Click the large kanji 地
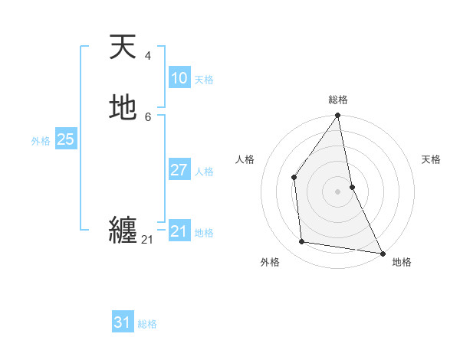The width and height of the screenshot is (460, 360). pos(123,108)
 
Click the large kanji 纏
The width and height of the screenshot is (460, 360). pos(123,230)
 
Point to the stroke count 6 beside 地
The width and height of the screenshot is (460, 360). pos(147,116)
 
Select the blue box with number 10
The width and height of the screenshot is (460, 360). pos(179,78)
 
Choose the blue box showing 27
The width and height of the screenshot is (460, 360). pos(179,170)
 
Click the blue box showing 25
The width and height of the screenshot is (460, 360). pos(65,139)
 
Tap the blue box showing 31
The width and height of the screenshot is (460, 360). pos(123,322)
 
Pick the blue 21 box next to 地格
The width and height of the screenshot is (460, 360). pos(179,231)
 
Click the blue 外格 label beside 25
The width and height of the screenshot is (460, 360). pos(41,141)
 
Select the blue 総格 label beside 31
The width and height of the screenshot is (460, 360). pos(147,324)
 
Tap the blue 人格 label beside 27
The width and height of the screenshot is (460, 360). pos(204,172)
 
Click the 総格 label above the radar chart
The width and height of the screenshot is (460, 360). pos(337,100)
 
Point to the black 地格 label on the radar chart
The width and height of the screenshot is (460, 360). pos(402,262)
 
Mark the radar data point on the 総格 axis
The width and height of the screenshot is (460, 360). pos(337,116)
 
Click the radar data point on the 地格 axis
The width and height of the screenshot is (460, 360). pos(382,252)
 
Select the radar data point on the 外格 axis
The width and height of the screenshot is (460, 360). pos(302,242)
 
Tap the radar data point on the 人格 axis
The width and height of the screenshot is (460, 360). pos(294,177)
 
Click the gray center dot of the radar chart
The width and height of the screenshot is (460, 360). pos(337,191)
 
